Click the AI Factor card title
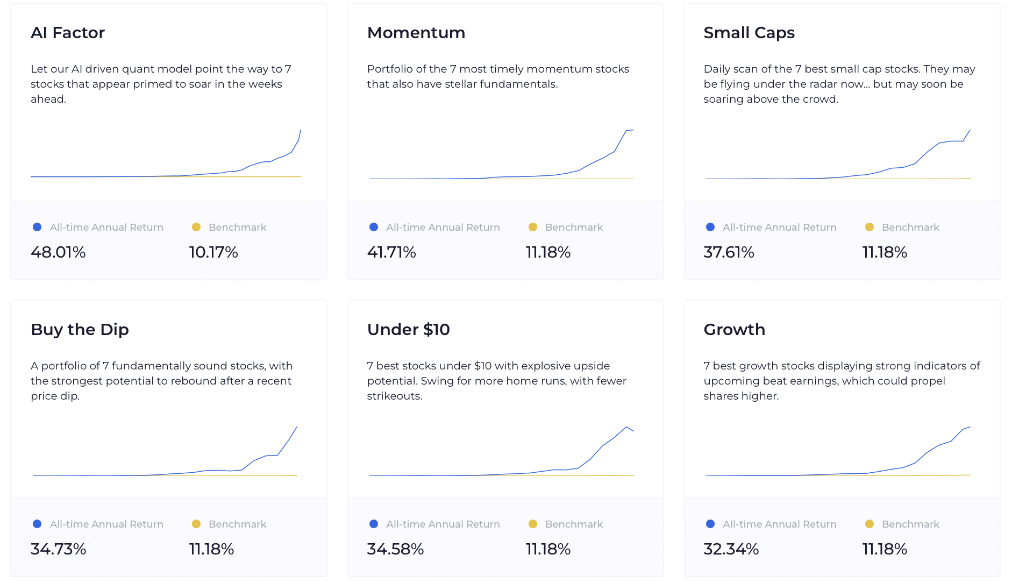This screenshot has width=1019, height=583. (x=68, y=33)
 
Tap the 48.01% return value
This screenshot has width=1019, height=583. (x=58, y=252)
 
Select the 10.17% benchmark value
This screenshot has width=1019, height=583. (x=213, y=252)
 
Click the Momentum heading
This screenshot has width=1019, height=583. (x=416, y=33)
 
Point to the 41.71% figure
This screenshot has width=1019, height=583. (x=391, y=252)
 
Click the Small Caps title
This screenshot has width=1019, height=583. (x=749, y=33)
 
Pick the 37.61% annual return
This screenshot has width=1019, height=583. (x=729, y=252)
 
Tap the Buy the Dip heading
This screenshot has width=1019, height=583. (x=80, y=330)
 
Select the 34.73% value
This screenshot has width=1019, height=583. (x=58, y=549)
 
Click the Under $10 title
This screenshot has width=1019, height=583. (x=408, y=330)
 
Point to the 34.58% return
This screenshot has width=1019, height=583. (x=395, y=549)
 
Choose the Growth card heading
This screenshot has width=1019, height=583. (x=734, y=330)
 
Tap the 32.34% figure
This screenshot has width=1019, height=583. (x=731, y=549)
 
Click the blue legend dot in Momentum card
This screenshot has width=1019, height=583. (x=374, y=227)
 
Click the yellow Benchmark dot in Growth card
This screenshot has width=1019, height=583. (x=869, y=524)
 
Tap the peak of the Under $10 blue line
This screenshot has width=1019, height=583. (x=626, y=427)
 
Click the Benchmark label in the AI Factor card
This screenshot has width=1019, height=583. (x=237, y=227)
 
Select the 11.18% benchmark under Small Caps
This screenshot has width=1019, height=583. (x=885, y=252)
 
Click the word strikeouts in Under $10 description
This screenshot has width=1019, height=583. (x=394, y=396)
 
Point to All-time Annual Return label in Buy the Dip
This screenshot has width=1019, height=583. (x=106, y=524)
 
